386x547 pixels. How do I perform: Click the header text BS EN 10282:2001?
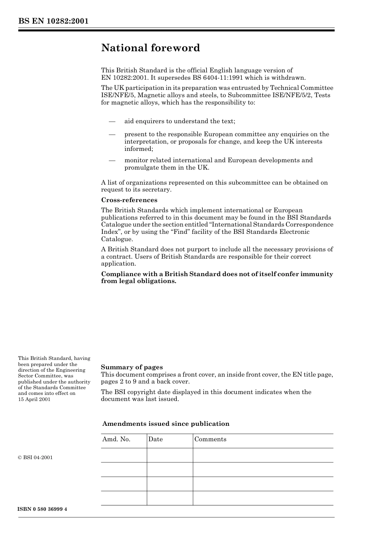53,21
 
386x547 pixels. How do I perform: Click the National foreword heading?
150,48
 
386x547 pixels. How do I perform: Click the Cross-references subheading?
129,200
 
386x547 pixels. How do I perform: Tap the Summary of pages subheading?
132,367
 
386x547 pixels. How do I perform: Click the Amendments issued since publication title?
166,424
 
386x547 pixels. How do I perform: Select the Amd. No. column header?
116,439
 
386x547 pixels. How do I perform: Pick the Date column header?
155,439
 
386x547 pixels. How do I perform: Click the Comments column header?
210,439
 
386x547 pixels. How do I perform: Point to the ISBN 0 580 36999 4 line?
42,509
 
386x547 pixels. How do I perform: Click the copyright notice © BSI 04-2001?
35,458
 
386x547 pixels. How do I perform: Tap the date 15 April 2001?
34,399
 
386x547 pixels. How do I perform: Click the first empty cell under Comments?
263,455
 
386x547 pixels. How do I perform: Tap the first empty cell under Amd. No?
124,455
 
